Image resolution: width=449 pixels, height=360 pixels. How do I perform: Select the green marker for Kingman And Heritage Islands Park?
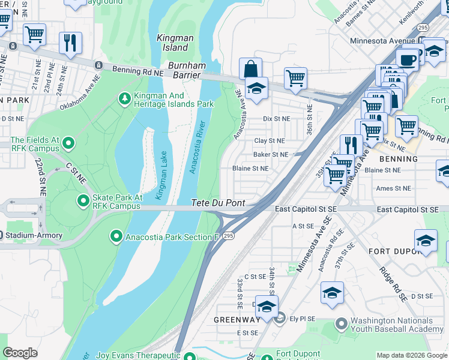click(125, 98)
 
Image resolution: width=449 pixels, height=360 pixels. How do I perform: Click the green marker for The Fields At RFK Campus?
click(68, 143)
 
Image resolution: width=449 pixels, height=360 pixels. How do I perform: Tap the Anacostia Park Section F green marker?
click(116, 236)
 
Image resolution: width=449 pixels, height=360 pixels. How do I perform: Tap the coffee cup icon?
click(408, 60)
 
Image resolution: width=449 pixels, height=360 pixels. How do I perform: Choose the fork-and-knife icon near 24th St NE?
click(70, 43)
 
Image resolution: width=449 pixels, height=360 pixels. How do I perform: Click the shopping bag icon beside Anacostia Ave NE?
click(250, 68)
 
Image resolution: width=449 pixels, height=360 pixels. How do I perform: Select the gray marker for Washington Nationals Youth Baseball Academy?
click(342, 325)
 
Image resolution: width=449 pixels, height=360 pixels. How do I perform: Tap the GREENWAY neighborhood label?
click(237, 319)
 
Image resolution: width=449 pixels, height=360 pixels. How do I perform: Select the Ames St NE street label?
click(393, 188)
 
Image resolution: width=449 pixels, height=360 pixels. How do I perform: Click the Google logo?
click(20, 353)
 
